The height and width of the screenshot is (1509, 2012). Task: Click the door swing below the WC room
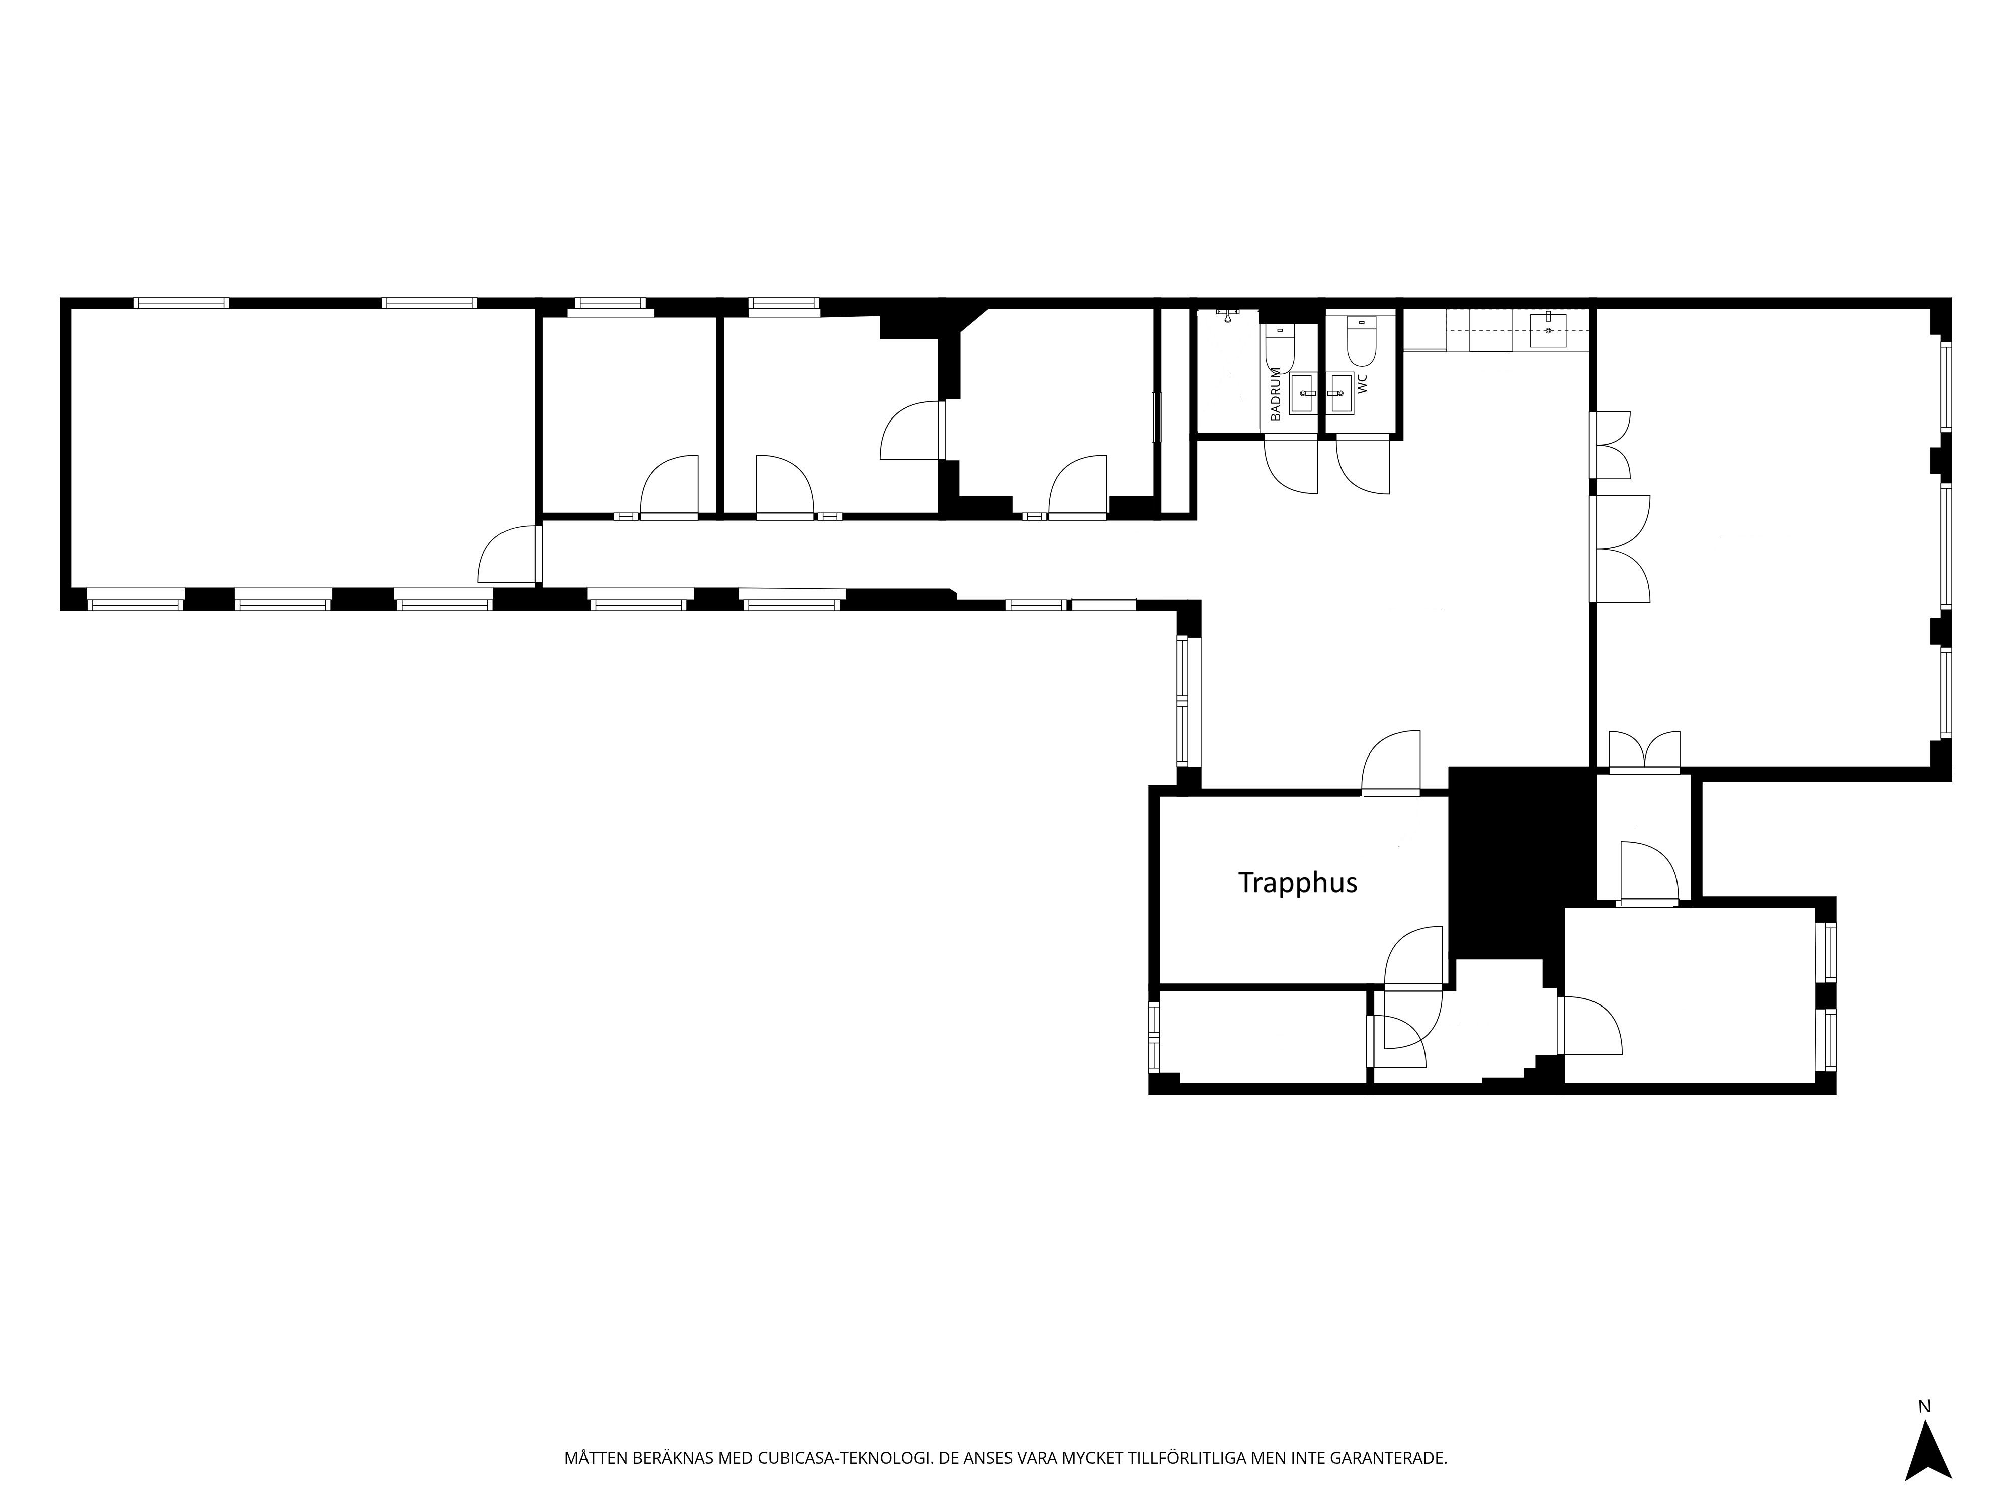pyautogui.click(x=1363, y=466)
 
